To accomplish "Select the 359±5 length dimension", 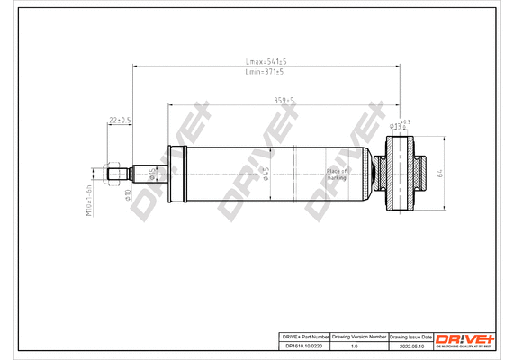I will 285,101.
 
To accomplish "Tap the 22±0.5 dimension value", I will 120,120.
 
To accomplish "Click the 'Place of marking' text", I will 337,174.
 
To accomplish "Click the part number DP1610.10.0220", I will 302,346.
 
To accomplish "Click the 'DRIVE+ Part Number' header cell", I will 302,335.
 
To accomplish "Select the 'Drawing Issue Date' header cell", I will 410,335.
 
